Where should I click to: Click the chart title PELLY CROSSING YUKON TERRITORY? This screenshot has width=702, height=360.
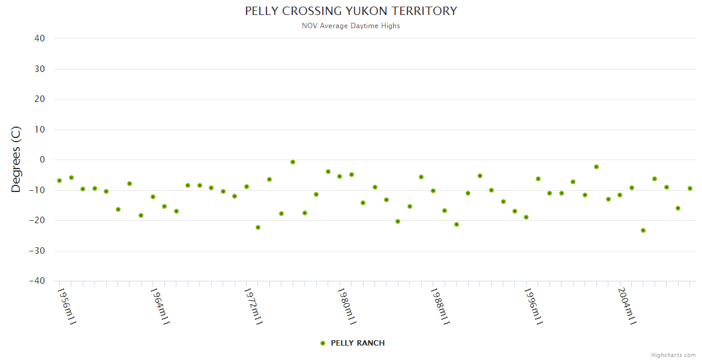[351, 11]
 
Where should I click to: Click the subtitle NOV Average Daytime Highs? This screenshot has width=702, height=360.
[351, 26]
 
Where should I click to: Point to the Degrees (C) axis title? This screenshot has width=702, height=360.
[16, 159]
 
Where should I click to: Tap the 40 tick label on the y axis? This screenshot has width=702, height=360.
[40, 38]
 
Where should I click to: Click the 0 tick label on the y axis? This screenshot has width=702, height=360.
[42, 160]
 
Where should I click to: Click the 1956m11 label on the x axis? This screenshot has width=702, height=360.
[66, 306]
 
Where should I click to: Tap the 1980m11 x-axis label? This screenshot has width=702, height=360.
[347, 306]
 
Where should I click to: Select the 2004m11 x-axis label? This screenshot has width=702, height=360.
[627, 306]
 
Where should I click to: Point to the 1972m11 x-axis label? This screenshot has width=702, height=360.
[253, 306]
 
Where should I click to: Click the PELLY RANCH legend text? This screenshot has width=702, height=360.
[358, 343]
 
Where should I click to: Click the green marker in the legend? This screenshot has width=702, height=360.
[323, 343]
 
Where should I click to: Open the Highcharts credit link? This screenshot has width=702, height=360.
[673, 355]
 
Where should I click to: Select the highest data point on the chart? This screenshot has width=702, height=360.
[293, 162]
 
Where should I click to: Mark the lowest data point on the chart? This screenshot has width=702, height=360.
[643, 230]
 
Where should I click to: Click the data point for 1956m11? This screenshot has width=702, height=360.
[59, 181]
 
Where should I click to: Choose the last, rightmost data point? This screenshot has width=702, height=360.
[690, 188]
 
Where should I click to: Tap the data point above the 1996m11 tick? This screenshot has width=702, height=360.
[526, 217]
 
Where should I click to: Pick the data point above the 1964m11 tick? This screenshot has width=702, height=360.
[153, 197]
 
